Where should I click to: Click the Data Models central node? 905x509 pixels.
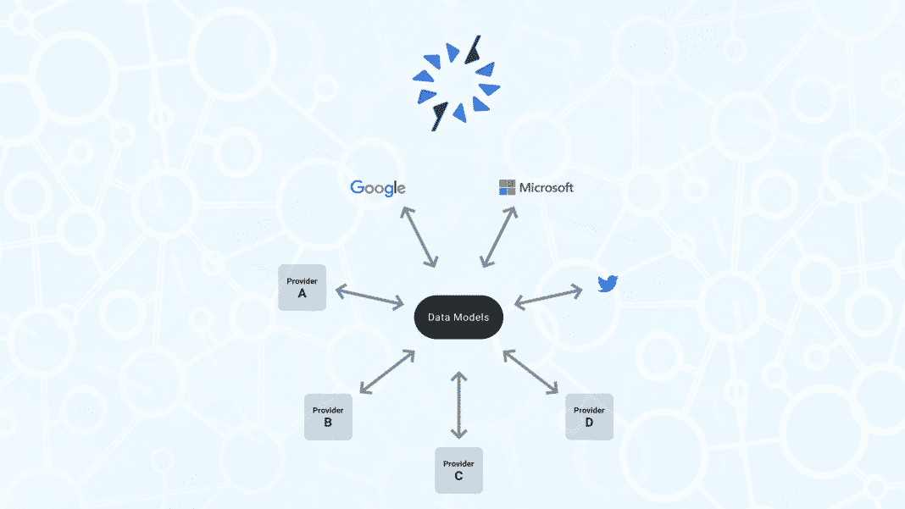coord(458,318)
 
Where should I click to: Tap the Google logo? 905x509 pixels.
coord(377,188)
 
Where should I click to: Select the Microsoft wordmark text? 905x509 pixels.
coord(547,187)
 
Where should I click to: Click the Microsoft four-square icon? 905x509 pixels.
coord(507,187)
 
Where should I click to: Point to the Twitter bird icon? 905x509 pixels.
coord(608,284)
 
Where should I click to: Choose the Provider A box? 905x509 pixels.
coord(302,287)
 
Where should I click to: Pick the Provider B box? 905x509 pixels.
coord(328,417)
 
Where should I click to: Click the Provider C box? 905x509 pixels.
coord(458,470)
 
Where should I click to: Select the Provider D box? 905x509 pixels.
coord(589,417)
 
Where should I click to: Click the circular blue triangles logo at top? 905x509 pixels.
coord(457,82)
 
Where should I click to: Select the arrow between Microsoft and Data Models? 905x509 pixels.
coord(498,236)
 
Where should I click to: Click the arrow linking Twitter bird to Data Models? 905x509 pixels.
coord(548,296)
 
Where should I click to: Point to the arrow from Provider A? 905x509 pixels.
coord(369,296)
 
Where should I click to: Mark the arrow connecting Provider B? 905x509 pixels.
coord(386,370)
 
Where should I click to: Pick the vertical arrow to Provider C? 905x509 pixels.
coord(458,405)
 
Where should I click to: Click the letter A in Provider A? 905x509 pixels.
coord(302,294)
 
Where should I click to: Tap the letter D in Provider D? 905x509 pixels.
coord(589,423)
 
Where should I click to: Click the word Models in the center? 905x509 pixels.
coord(483,318)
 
